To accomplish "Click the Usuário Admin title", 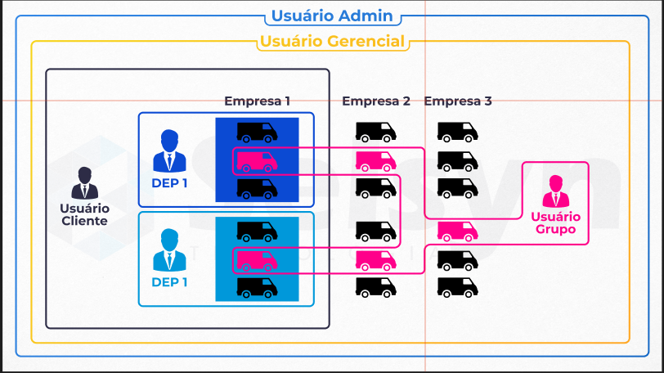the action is coord(332,16).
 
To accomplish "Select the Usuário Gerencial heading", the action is coord(333,42).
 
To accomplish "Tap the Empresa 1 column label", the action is coord(257,101).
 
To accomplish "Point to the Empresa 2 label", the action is coord(376,101).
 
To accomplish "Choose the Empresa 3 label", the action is coord(458,101).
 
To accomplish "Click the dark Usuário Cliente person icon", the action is coord(85,183).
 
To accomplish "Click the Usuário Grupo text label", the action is coord(555,223).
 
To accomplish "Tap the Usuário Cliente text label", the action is coord(85,214).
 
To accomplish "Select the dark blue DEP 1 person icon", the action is coord(169,151).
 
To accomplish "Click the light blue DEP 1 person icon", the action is coord(169,249).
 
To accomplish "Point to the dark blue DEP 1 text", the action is coord(169,183).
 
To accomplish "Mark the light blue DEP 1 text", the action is coord(169,282).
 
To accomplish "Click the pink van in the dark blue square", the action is coord(257,162).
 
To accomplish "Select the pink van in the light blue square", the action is coord(257,261).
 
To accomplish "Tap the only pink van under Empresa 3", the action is coord(458,231).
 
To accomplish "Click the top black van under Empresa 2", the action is coord(376,133).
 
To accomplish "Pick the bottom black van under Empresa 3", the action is coord(458,287).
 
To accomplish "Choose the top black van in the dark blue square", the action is coord(257,133).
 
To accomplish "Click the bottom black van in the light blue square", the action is coord(257,287).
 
